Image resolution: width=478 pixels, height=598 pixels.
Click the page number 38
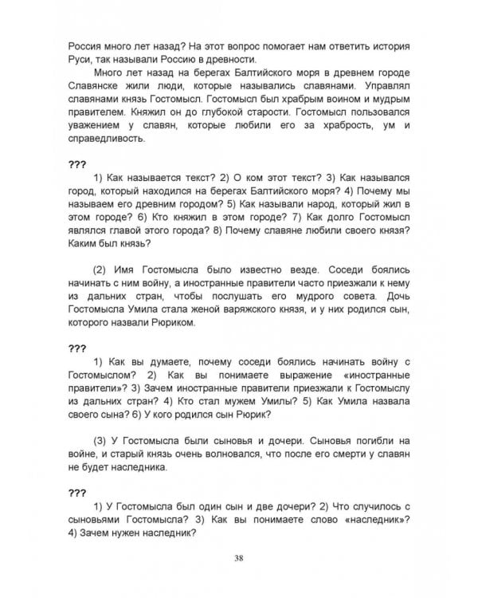239,556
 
